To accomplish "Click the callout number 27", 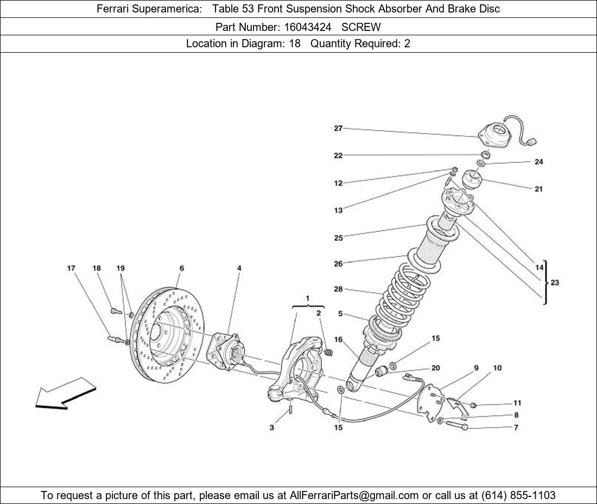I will [338, 129].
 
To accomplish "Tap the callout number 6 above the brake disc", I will [181, 268].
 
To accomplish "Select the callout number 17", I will [71, 268].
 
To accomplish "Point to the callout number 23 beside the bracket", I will [554, 282].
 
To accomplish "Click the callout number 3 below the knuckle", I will [271, 428].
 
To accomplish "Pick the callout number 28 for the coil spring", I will [338, 289].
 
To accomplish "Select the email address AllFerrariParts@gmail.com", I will [354, 495].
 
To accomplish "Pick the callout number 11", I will [517, 403].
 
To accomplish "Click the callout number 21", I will [538, 189].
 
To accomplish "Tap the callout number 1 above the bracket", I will [308, 298].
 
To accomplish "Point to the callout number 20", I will [435, 368].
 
